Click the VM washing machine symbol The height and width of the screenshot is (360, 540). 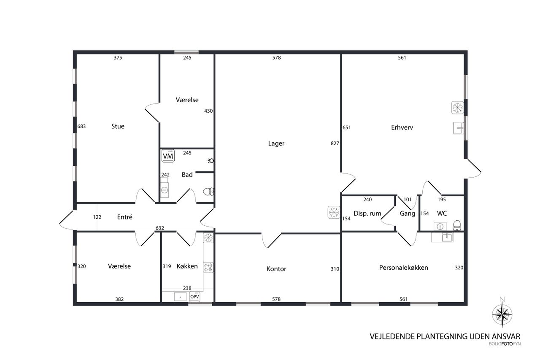pos(168,156)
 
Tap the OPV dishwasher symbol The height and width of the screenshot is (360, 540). pos(194,297)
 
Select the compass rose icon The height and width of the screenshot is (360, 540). pos(502,314)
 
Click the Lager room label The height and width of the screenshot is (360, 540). pos(276,143)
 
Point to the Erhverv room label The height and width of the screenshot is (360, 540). pos(402,127)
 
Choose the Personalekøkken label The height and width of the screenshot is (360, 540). pos(404,268)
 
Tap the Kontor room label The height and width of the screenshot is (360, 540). pos(276,268)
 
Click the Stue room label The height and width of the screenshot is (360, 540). pos(118,126)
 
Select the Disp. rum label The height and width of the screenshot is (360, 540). pos(367,214)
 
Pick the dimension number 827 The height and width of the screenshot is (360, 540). pos(335,143)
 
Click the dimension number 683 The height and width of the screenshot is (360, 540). pos(81,126)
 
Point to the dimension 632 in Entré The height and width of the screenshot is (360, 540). pos(159,228)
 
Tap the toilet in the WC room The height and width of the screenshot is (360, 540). pos(456,225)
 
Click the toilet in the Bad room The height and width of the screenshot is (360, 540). pos(208,192)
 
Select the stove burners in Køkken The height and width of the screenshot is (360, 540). pos(208,268)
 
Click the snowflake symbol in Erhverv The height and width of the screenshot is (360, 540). pos(457,108)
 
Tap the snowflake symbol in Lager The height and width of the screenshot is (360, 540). pos(334,212)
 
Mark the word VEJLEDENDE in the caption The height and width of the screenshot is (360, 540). pos(392,336)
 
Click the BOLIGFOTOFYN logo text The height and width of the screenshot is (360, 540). pos(505,344)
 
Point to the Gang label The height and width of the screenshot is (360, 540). pos(408,214)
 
